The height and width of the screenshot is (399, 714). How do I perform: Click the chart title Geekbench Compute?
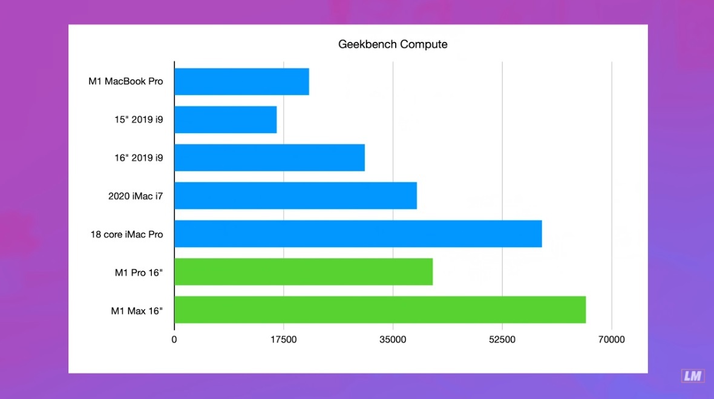(x=393, y=44)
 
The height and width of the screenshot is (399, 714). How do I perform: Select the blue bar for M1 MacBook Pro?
(x=241, y=82)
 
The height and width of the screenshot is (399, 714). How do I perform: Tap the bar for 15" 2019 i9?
(x=225, y=120)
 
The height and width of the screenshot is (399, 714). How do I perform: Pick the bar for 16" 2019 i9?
(x=269, y=157)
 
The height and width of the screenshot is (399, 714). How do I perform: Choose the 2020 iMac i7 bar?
(x=295, y=196)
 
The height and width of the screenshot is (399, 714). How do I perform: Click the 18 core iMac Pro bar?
(x=358, y=234)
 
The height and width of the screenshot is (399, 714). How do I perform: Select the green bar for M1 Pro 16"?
(x=303, y=272)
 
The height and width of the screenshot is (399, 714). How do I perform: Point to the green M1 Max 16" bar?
(x=380, y=309)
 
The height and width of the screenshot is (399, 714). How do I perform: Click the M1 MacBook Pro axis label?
(x=126, y=81)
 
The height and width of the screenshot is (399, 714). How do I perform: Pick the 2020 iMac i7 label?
(x=136, y=196)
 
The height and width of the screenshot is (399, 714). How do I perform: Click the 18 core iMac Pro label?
(x=126, y=234)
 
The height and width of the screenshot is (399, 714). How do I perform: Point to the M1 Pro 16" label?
(x=139, y=272)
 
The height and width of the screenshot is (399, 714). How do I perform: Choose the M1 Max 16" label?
(x=137, y=311)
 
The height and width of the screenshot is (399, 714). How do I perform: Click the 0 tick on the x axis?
(x=174, y=340)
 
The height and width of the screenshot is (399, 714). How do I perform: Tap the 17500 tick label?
(x=283, y=340)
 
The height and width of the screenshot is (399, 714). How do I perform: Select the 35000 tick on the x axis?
(x=393, y=340)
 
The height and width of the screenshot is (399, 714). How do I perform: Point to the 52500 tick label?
(x=502, y=340)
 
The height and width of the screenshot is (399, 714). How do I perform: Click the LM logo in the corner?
(x=692, y=376)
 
